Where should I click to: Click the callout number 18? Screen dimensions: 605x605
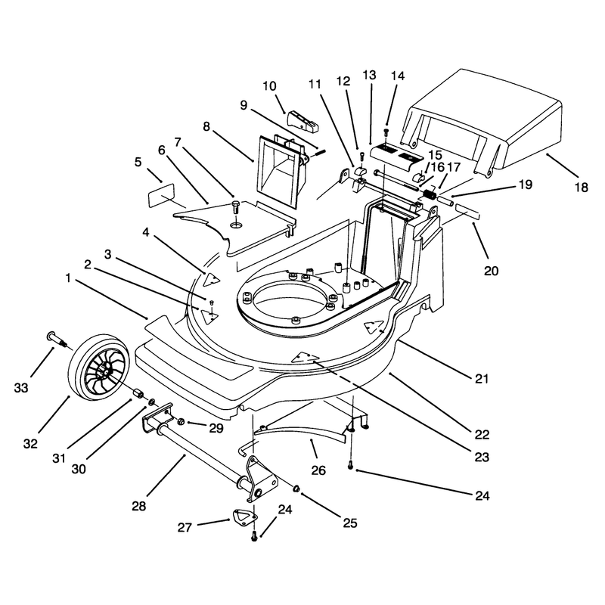581,188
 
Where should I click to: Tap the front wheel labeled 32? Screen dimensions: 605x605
94,367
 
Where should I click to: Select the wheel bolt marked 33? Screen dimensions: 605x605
57,338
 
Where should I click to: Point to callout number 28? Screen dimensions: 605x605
139,506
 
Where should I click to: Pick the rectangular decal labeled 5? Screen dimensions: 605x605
161,195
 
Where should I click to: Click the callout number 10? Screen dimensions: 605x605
270,85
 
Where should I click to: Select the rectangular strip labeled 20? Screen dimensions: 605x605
467,212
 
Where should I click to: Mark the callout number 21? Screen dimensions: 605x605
482,379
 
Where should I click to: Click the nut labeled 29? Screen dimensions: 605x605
181,422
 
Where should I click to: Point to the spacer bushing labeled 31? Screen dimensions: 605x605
138,394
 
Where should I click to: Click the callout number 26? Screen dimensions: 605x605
318,470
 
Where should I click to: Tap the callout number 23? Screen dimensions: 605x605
482,457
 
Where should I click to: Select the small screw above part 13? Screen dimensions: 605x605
386,132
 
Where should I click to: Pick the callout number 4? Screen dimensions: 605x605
145,232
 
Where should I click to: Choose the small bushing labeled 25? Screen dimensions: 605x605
296,489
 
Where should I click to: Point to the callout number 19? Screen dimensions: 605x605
525,185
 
